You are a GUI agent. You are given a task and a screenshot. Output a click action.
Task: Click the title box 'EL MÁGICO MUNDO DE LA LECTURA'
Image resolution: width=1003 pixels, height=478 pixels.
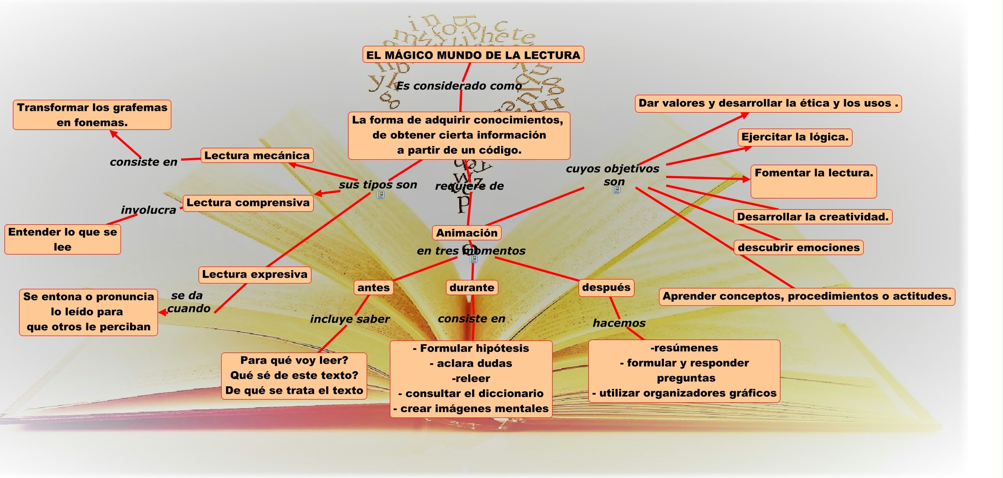coord(473,55)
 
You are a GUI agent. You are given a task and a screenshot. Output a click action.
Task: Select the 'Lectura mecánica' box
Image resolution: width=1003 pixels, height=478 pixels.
coord(257,155)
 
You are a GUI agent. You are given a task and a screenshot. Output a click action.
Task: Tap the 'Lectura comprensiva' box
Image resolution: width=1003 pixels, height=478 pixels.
coord(248,203)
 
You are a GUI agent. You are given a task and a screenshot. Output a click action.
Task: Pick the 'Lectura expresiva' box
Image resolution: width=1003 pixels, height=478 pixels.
coord(255,275)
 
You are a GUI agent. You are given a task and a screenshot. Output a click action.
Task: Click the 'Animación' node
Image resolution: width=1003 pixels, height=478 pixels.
coord(466,233)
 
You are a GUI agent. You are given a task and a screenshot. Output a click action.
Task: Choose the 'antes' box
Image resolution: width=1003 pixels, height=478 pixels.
coord(373,288)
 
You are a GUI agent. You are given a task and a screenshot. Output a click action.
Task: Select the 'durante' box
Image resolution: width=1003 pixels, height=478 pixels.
coord(472,288)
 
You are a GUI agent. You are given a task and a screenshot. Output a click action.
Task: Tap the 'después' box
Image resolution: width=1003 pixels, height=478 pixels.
coord(606,288)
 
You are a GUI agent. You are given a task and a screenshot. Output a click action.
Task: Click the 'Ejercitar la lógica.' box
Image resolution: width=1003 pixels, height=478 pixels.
coord(795,137)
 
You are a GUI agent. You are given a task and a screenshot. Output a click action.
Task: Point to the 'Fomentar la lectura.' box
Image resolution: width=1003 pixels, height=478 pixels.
coord(813,181)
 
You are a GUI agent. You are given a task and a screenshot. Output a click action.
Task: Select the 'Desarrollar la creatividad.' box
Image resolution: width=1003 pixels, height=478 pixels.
coord(813,217)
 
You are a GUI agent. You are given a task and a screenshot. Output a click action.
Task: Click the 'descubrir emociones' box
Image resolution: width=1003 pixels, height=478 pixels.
coord(798,247)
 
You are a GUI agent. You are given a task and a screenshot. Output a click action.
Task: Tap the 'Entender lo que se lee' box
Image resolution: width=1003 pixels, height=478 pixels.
coord(63,239)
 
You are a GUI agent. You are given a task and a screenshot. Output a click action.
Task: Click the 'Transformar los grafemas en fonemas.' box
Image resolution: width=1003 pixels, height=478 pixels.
coord(92,115)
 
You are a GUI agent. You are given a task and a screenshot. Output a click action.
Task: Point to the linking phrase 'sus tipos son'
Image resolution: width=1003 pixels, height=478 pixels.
coord(378,185)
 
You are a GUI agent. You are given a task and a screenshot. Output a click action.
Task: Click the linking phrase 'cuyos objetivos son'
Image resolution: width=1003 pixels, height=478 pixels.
coord(613,175)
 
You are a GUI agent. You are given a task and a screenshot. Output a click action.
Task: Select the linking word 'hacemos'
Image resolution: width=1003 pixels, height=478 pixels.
coord(619,323)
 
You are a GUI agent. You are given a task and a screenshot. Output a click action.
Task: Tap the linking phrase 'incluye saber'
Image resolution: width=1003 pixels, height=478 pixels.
coord(350,319)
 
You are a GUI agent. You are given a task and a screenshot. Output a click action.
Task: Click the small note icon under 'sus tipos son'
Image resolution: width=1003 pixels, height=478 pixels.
coord(380,195)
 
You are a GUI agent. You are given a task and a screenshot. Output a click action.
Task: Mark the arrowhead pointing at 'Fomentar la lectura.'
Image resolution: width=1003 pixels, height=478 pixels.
coord(746,179)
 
